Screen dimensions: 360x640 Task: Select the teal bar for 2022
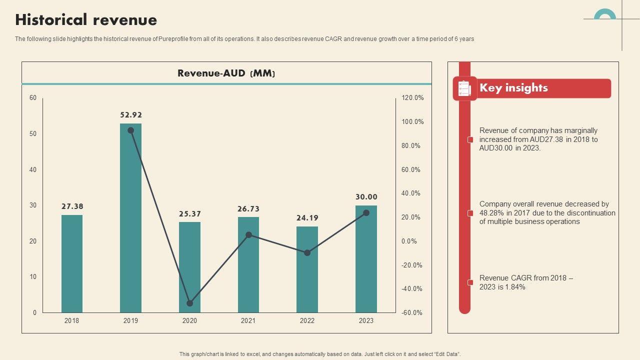[x=307, y=269]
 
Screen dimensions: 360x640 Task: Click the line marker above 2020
[x=189, y=303]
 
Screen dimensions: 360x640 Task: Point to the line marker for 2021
[x=248, y=234]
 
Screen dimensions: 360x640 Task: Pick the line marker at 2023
[x=366, y=212]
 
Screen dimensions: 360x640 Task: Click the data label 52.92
[x=131, y=115]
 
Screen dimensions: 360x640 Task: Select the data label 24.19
[x=307, y=218]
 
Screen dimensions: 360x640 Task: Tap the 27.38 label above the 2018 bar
[x=72, y=206]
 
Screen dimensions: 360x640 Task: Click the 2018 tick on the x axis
[x=72, y=320]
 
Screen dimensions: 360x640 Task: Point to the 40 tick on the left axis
[x=33, y=169]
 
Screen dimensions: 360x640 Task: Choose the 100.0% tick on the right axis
[x=412, y=121]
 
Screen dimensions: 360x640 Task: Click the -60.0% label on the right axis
[x=412, y=312]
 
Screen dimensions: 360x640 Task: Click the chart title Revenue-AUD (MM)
[x=226, y=73]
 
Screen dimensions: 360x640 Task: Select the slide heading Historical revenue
[x=86, y=20]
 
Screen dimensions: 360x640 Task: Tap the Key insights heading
[x=513, y=88]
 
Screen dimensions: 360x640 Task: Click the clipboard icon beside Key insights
[x=464, y=88]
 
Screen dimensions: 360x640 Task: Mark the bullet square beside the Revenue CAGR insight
[x=470, y=282]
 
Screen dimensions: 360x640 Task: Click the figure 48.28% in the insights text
[x=490, y=213]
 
